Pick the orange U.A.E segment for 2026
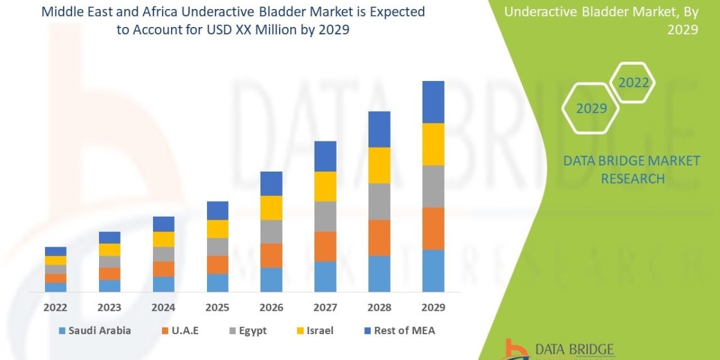coord(271,256)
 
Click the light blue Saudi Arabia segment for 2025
coord(217,283)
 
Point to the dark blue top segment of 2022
coord(55,251)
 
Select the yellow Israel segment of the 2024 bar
coord(163,239)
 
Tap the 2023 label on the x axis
coord(109,308)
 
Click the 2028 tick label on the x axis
coord(379,308)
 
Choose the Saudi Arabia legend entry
coord(95,331)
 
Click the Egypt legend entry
coord(248,331)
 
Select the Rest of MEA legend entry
coord(398,331)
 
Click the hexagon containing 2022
coord(634,83)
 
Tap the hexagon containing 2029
coord(592,109)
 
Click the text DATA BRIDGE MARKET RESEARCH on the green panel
coord(632,169)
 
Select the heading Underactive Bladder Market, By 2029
coord(601,20)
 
